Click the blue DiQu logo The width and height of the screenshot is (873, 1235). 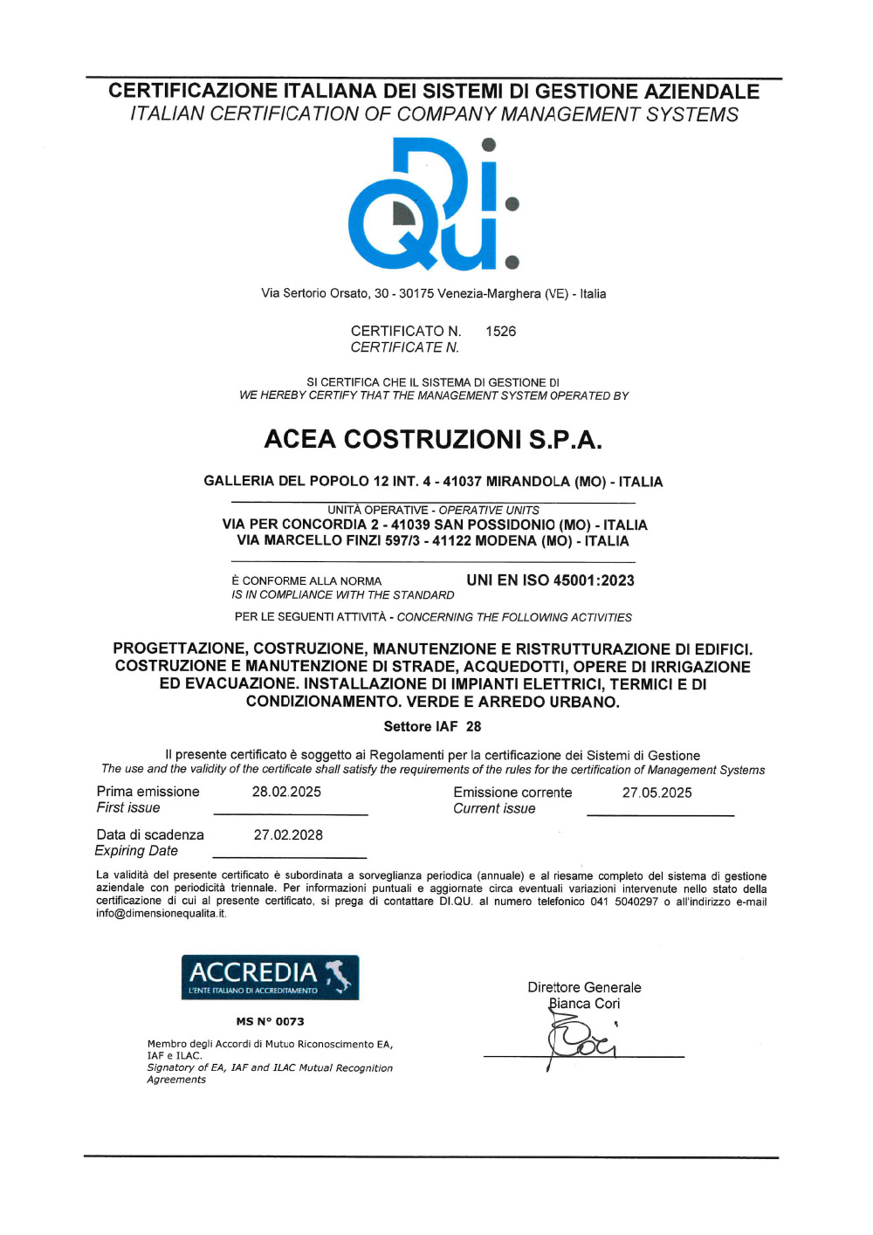pyautogui.click(x=434, y=204)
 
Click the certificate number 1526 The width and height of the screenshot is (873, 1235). pyautogui.click(x=500, y=332)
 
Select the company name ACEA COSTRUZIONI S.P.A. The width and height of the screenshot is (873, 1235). pyautogui.click(x=433, y=439)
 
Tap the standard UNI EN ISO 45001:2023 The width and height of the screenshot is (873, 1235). pyautogui.click(x=550, y=580)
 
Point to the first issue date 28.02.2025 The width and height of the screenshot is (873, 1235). pyautogui.click(x=286, y=792)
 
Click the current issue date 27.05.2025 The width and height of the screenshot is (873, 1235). pyautogui.click(x=656, y=792)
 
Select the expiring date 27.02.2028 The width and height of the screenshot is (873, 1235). pyautogui.click(x=288, y=835)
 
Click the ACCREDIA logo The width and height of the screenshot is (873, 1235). pyautogui.click(x=270, y=978)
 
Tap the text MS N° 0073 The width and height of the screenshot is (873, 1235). pyautogui.click(x=270, y=1021)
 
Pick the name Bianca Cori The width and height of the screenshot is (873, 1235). pyautogui.click(x=584, y=1004)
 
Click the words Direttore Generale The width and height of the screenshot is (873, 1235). pyautogui.click(x=584, y=987)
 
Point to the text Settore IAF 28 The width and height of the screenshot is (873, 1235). pyautogui.click(x=432, y=726)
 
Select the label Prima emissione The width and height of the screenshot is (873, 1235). pyautogui.click(x=148, y=792)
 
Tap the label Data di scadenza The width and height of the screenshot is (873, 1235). pyautogui.click(x=150, y=835)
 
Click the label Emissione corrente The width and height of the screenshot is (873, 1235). pyautogui.click(x=512, y=792)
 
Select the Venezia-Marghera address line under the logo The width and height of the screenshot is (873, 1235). pyautogui.click(x=433, y=293)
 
